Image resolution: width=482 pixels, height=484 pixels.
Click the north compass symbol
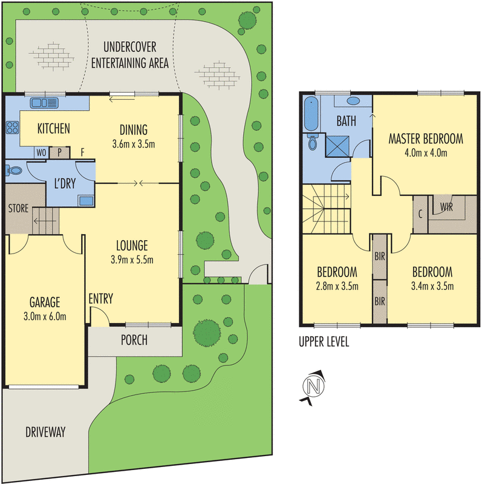[x=313, y=386]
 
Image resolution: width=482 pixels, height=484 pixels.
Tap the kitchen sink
[x=44, y=102]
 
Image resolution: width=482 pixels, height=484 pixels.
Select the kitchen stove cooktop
[x=11, y=128]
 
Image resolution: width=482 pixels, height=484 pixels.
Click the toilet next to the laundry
[x=13, y=171]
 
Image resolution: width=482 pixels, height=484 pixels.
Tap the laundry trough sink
[x=85, y=201]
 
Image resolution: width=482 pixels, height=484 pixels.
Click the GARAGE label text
[x=46, y=302]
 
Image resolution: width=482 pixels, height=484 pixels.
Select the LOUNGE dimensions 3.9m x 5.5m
[x=132, y=260]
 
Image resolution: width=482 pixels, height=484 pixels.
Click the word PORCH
[x=134, y=340]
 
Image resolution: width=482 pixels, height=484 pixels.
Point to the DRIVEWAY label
[x=45, y=432]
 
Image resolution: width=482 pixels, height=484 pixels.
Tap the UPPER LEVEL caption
[x=324, y=342]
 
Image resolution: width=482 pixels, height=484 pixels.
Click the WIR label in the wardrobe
[x=447, y=206]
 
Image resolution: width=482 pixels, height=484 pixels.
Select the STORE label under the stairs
[x=18, y=209]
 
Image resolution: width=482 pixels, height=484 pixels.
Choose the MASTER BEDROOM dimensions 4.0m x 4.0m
[x=426, y=152]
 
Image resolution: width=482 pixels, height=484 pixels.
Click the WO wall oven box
[x=41, y=152]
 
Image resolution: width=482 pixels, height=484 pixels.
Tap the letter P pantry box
[x=60, y=152]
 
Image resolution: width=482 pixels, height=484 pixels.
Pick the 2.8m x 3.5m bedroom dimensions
[x=336, y=286]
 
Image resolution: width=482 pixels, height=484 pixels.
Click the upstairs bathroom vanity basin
[x=354, y=101]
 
